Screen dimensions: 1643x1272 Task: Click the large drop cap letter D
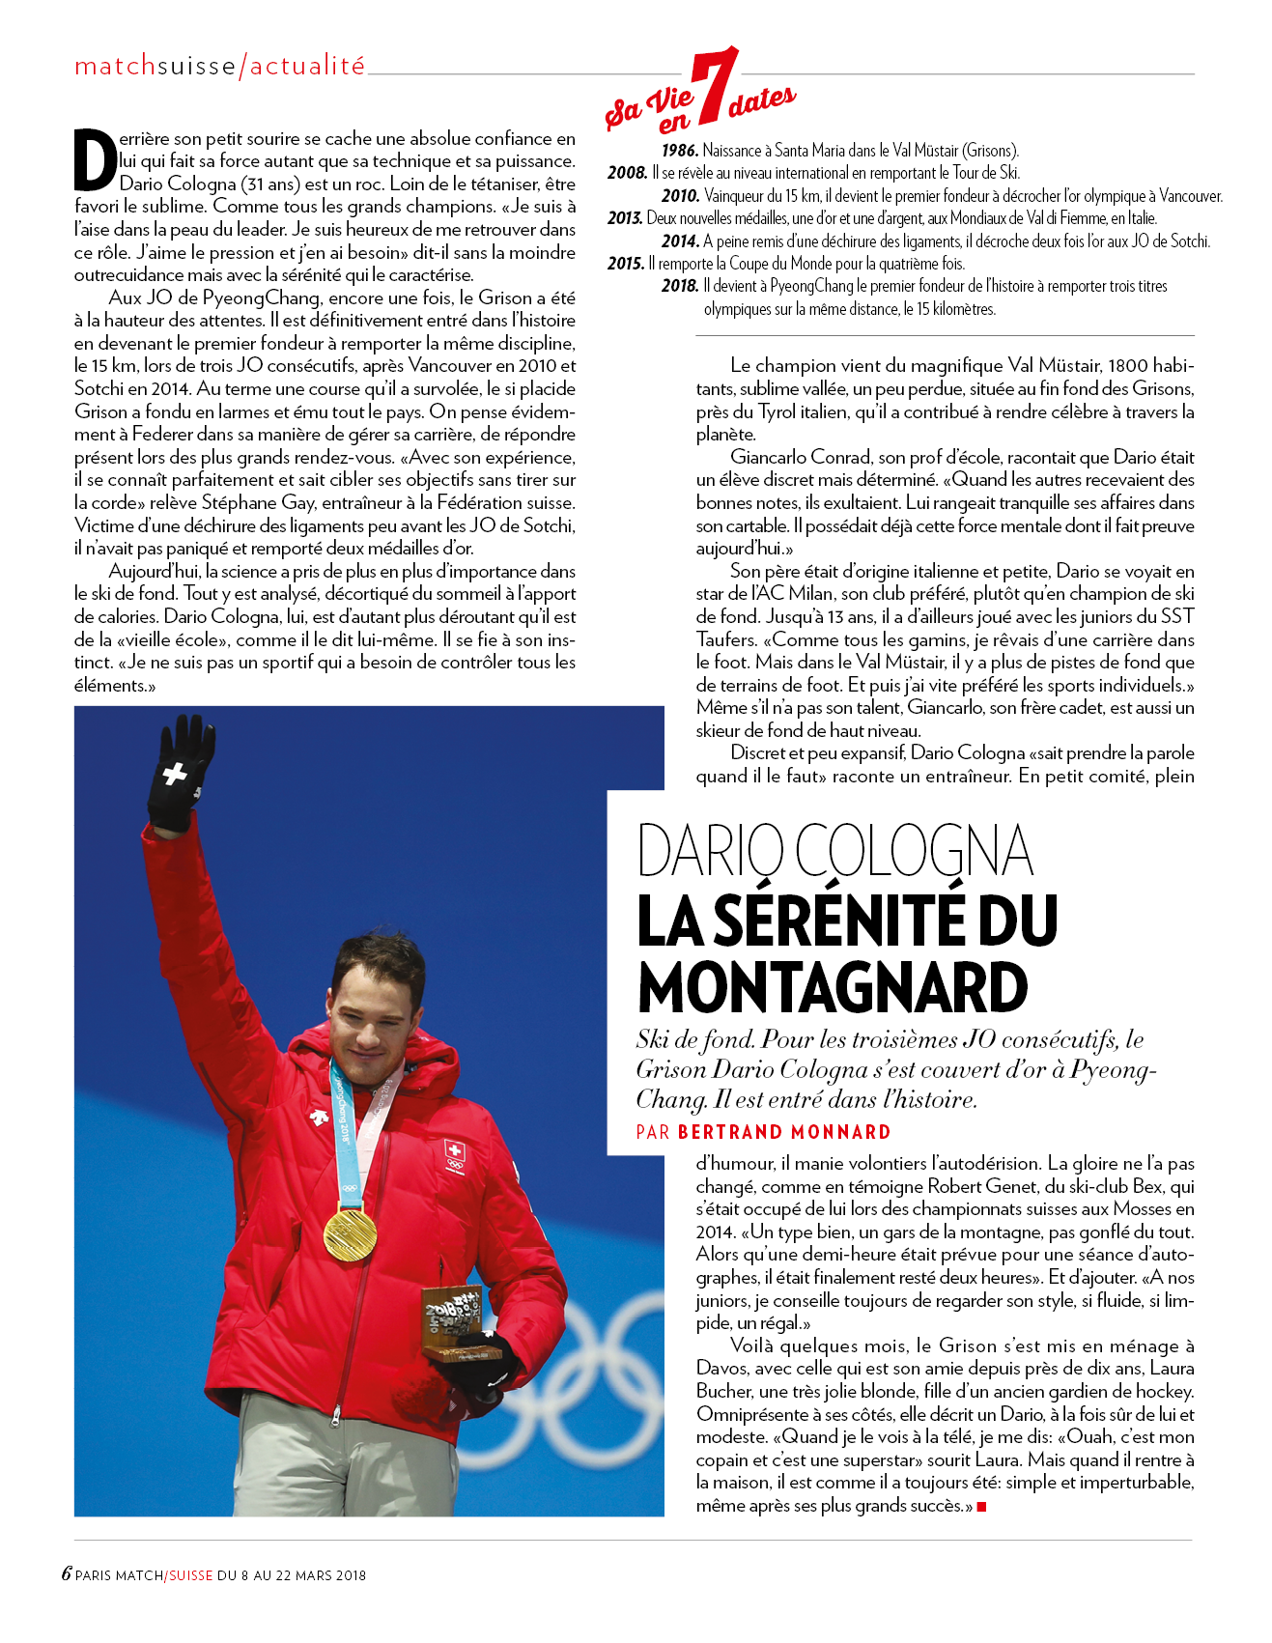click(x=96, y=159)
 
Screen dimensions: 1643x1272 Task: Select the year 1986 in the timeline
click(x=679, y=151)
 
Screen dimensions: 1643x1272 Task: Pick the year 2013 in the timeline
click(x=625, y=218)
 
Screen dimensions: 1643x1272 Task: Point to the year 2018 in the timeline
click(x=679, y=286)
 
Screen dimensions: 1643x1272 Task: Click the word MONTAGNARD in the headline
click(x=833, y=988)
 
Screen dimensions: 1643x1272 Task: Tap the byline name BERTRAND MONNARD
click(x=784, y=1132)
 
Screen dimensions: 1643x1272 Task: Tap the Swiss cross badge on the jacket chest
click(x=454, y=1152)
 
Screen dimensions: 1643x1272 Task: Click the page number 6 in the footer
click(x=67, y=1573)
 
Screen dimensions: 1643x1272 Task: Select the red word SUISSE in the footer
click(x=190, y=1575)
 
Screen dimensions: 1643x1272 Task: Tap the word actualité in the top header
click(x=308, y=66)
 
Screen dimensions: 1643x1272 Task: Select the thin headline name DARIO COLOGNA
click(x=835, y=852)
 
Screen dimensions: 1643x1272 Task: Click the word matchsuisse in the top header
click(x=155, y=66)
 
